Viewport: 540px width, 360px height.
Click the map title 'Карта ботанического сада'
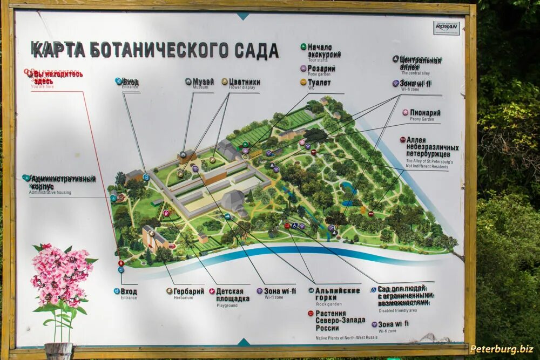pos(154,50)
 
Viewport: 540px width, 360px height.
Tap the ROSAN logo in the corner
pos(446,28)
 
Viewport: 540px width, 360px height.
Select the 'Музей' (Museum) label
pos(203,81)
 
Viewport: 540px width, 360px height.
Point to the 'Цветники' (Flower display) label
pos(244,82)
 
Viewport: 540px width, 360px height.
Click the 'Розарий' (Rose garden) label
pos(321,69)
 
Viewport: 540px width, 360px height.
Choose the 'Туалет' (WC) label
pos(319,83)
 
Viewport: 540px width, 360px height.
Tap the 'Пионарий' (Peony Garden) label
pos(425,113)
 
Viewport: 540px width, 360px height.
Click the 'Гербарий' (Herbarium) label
pos(188,291)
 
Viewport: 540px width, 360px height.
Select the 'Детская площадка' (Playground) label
pos(233,295)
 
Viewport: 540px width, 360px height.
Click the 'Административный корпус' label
pos(63,182)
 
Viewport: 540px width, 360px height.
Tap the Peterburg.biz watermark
pos(502,349)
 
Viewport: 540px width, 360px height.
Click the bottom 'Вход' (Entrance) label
pos(129,291)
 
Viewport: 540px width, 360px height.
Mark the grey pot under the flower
pos(58,351)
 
